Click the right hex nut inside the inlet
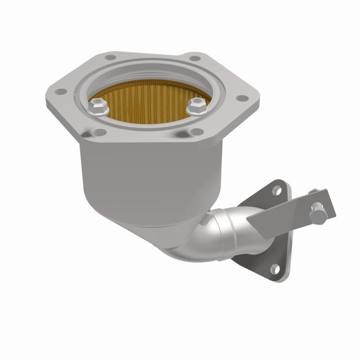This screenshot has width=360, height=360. click(x=196, y=105)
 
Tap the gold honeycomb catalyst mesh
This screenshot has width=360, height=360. click(x=145, y=97)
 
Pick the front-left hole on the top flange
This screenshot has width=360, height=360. click(x=100, y=132)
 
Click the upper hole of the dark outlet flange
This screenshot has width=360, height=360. click(x=275, y=189)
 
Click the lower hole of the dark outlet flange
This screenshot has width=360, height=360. click(x=274, y=268)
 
